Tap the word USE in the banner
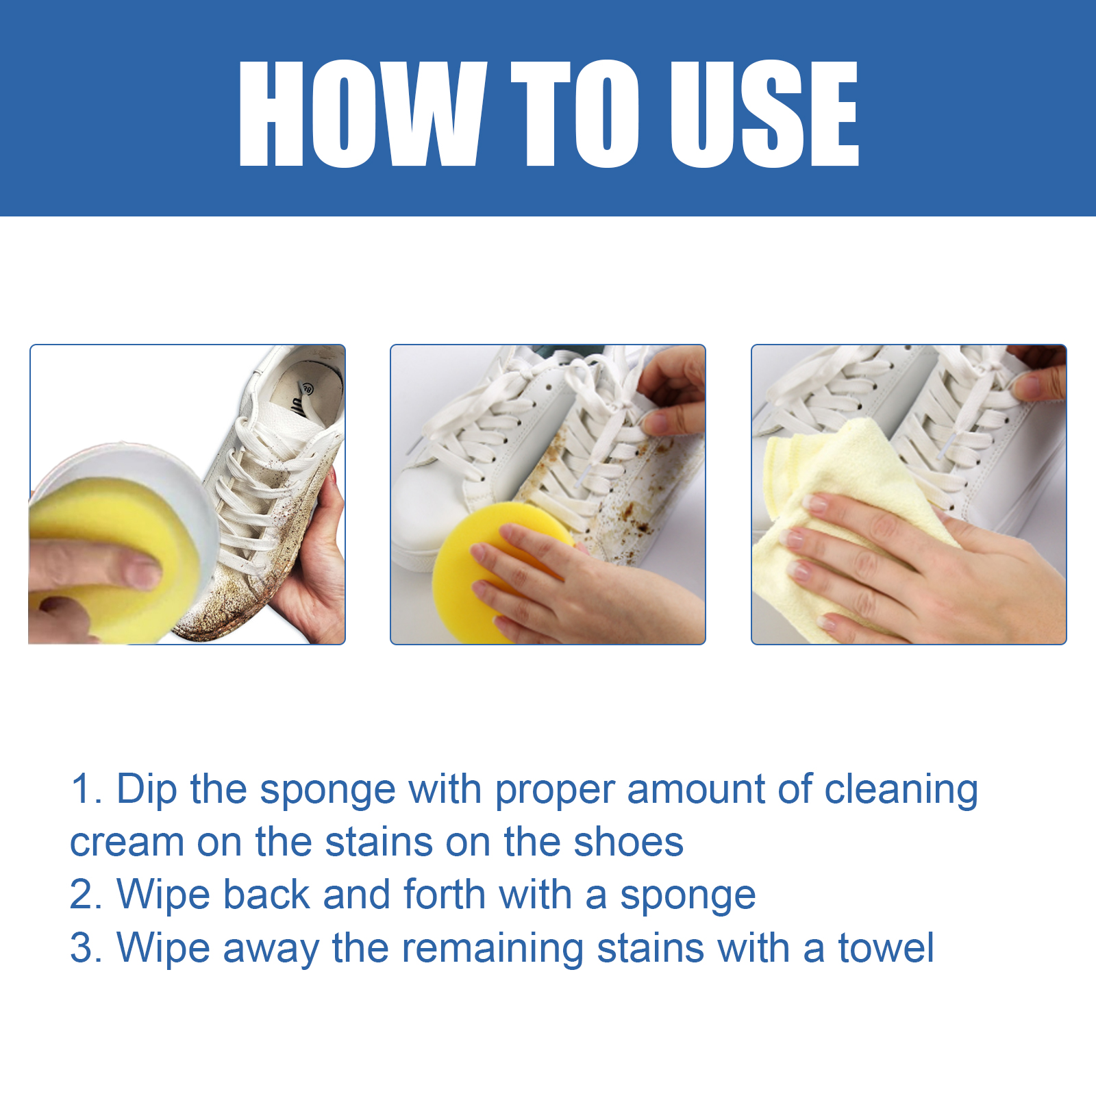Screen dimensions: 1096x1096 point(763,113)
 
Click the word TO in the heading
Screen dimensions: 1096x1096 point(575,113)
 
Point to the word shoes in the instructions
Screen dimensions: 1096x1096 point(628,842)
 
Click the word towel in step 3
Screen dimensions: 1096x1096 point(886,948)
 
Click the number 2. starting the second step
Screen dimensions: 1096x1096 point(86,895)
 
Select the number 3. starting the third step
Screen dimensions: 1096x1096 point(86,948)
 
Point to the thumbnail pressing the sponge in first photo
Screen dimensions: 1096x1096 point(142,572)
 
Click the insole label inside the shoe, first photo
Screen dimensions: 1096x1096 point(301,397)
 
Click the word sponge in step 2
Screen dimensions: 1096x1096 point(688,896)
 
